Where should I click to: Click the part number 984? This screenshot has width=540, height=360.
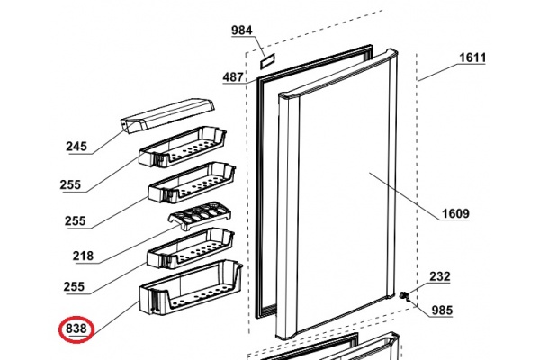(242, 31)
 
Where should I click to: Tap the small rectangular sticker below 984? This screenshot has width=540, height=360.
(268, 61)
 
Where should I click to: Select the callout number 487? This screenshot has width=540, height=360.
(233, 76)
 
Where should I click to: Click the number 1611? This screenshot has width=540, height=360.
(472, 58)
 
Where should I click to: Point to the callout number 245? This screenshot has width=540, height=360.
(76, 147)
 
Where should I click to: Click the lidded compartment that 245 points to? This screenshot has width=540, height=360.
(167, 116)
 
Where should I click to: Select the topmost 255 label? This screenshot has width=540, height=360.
(70, 184)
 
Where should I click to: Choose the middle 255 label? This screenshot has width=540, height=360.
(76, 220)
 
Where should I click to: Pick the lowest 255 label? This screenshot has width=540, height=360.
(74, 286)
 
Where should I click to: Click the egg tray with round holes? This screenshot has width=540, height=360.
(200, 215)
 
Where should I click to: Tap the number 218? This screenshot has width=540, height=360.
(83, 256)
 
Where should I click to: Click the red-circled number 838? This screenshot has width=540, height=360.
(76, 328)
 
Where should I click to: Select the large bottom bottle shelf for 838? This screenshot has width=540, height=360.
(191, 288)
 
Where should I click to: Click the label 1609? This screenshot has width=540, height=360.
(455, 214)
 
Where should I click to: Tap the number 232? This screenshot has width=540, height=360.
(440, 276)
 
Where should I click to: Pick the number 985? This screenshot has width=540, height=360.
(442, 310)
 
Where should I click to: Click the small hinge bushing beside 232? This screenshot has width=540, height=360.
(403, 296)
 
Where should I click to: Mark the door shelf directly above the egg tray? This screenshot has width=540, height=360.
(193, 183)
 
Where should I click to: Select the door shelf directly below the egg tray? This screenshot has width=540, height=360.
(191, 248)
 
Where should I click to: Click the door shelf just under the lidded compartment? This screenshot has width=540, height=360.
(183, 147)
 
